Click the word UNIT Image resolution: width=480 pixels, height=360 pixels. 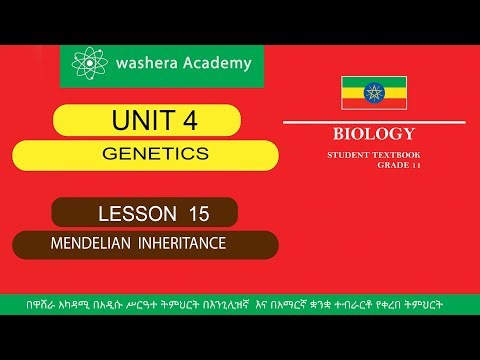pyautogui.click(x=139, y=122)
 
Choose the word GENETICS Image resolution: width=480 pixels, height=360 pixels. pyautogui.click(x=155, y=154)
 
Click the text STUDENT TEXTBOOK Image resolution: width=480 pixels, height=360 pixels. pyautogui.click(x=371, y=155)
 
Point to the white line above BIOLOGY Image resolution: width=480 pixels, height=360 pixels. pyautogui.click(x=380, y=122)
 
